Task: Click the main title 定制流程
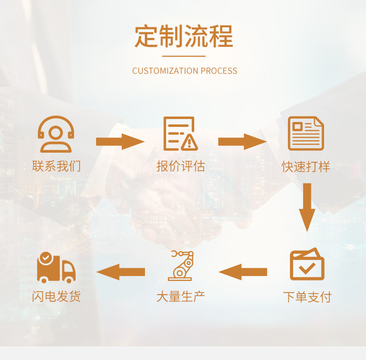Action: tap(183, 36)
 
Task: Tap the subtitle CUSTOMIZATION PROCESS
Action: tap(184, 71)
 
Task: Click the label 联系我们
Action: tap(56, 166)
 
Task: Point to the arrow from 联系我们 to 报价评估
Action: tap(120, 141)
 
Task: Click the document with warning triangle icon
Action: tap(181, 133)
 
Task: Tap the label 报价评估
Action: tap(181, 166)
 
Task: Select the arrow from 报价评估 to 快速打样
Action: tap(242, 141)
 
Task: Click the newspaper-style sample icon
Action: tap(306, 133)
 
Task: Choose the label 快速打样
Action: tap(306, 167)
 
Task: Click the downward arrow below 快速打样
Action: tap(306, 206)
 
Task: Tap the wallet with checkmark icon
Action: tap(307, 265)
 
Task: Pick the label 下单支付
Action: tap(307, 297)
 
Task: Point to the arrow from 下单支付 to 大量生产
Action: tap(243, 272)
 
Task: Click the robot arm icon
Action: tap(180, 265)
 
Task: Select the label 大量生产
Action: tap(181, 296)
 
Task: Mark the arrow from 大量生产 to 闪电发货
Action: tap(121, 272)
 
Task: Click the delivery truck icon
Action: tap(56, 267)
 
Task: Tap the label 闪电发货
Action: tap(56, 296)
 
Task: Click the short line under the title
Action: tap(183, 56)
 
